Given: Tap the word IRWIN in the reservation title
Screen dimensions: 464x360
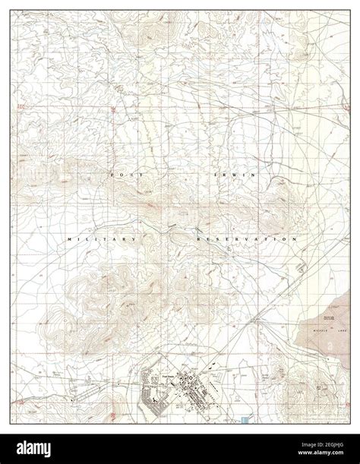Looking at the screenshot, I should click(234, 175).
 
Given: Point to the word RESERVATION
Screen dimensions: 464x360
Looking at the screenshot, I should click(246, 239).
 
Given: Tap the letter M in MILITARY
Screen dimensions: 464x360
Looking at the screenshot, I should click(71, 239).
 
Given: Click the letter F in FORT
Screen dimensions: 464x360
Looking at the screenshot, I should click(112, 175).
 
